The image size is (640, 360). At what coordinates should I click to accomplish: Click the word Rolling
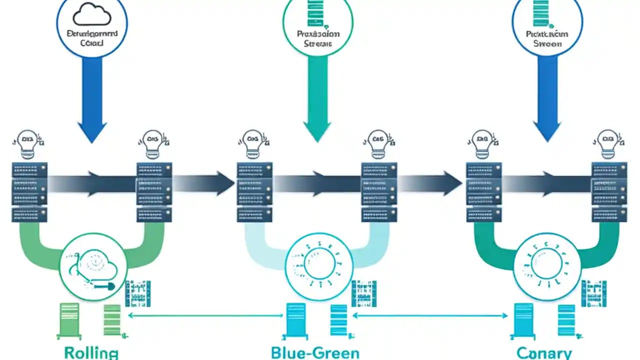tap(91, 352)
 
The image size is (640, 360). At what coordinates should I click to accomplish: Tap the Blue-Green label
tap(315, 352)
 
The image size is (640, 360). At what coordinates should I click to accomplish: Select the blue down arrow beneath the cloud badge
tap(92, 100)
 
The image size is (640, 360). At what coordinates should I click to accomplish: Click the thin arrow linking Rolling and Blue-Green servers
tap(205, 315)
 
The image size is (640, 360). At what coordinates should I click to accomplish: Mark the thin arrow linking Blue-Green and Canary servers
tap(430, 315)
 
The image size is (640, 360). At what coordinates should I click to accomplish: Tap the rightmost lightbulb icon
tap(608, 142)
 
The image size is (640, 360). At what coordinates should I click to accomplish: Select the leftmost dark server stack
tap(29, 192)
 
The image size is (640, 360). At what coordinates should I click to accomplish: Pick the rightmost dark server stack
tap(608, 192)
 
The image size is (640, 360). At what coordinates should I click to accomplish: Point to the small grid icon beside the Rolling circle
tap(137, 293)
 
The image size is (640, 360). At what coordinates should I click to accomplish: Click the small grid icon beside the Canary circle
tap(593, 293)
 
